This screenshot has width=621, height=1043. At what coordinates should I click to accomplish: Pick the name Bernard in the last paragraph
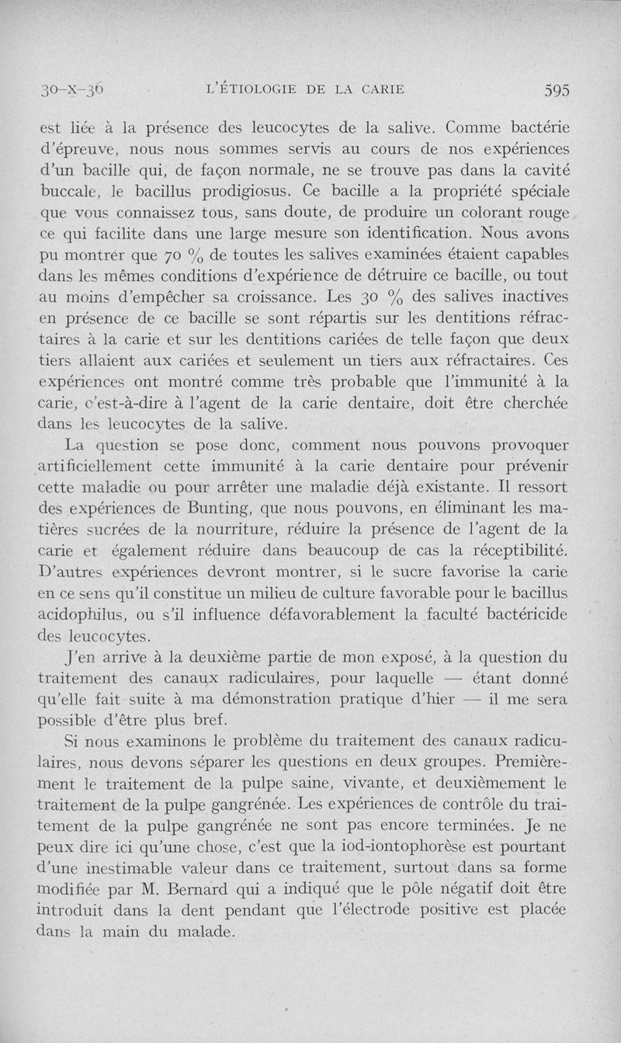click(190, 888)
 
